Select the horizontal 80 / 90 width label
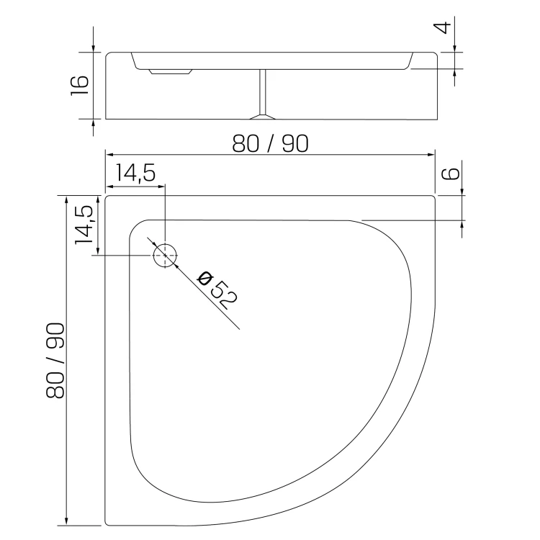[x=270, y=143]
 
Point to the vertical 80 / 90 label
[x=55, y=361]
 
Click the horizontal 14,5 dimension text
[x=135, y=173]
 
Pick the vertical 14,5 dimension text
[x=84, y=225]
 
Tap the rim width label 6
[x=451, y=174]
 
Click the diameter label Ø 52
[x=217, y=290]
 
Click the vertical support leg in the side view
[x=263, y=92]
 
